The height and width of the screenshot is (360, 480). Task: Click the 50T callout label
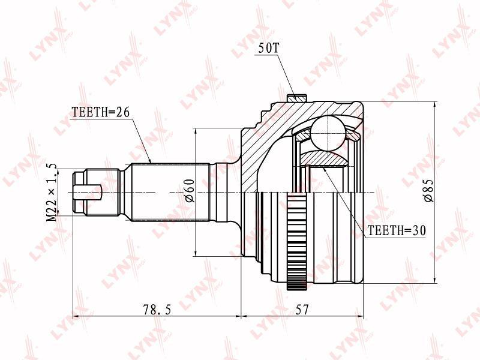(x=268, y=49)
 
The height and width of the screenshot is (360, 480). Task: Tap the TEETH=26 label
(x=101, y=112)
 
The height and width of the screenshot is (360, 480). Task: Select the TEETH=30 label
(x=397, y=230)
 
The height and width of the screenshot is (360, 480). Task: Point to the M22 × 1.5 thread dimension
(x=52, y=192)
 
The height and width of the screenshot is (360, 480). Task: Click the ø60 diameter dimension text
(x=190, y=191)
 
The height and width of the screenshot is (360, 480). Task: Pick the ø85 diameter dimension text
(x=428, y=190)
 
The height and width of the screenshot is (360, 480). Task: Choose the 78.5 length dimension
(x=157, y=310)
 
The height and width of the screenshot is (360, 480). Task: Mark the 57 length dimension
(x=302, y=310)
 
